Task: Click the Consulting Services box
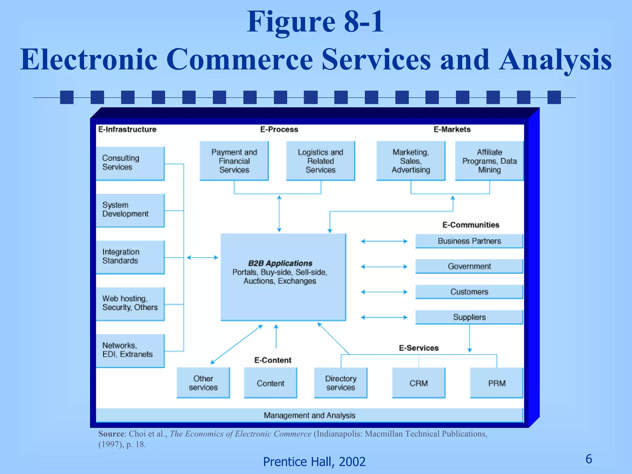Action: [x=130, y=163]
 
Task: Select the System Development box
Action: [x=130, y=210]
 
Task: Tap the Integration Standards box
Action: [x=130, y=257]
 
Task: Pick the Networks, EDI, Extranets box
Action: [x=130, y=350]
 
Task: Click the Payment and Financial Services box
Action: [x=234, y=161]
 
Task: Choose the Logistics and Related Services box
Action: [x=320, y=161]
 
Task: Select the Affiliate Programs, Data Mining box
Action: [x=489, y=161]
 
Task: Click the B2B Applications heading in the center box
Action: [x=280, y=263]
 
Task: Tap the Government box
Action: [x=469, y=266]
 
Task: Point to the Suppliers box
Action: [x=469, y=317]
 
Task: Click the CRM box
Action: [x=418, y=383]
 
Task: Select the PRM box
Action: [x=497, y=383]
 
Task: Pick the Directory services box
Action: [x=341, y=383]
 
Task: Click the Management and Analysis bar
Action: [x=309, y=415]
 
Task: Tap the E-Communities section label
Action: [x=471, y=225]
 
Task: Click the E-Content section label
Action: [x=273, y=360]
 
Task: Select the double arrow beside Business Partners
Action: [x=384, y=241]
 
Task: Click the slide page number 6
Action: [x=588, y=459]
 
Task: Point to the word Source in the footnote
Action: [x=111, y=434]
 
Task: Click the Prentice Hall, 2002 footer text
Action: [x=314, y=462]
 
